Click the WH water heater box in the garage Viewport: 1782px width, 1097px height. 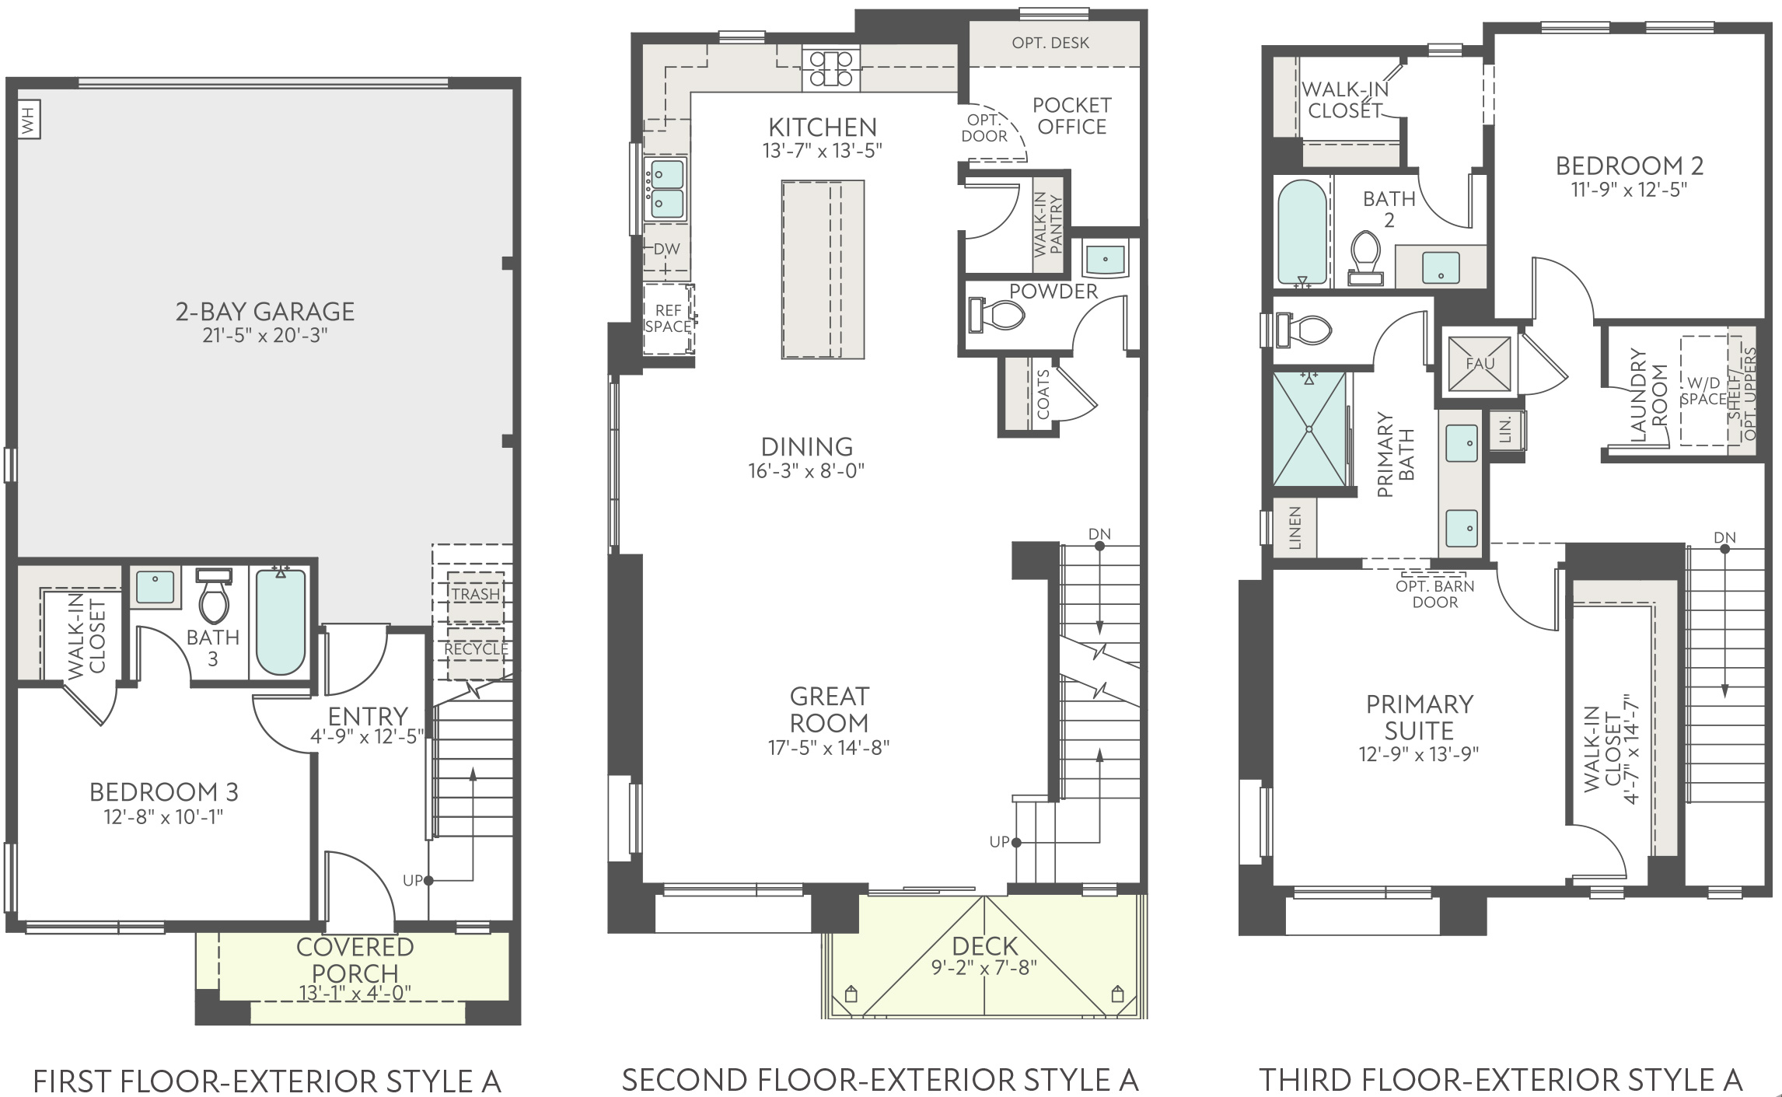tap(29, 121)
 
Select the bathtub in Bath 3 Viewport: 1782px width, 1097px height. tap(281, 622)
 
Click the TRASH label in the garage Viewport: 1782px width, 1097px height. tap(476, 594)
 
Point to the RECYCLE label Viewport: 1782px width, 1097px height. tap(476, 648)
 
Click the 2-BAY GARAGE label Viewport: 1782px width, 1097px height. tap(265, 312)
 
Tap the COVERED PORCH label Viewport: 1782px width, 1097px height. tap(355, 960)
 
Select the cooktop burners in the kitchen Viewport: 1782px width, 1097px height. tap(831, 68)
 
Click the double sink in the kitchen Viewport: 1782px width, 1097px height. tap(665, 187)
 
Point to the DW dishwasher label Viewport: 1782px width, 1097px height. tap(667, 249)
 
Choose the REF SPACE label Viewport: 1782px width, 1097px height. tap(668, 319)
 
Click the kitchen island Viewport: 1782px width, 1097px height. tap(823, 270)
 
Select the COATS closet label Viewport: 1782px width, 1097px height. tap(1043, 394)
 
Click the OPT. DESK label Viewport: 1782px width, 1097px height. tap(1050, 43)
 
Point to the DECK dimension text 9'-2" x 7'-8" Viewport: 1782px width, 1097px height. tap(984, 968)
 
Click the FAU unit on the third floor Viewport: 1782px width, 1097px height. tap(1480, 363)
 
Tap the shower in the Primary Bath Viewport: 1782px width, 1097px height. tap(1309, 428)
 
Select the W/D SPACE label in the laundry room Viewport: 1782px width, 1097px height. tap(1704, 391)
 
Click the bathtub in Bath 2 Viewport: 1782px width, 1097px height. tap(1302, 232)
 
